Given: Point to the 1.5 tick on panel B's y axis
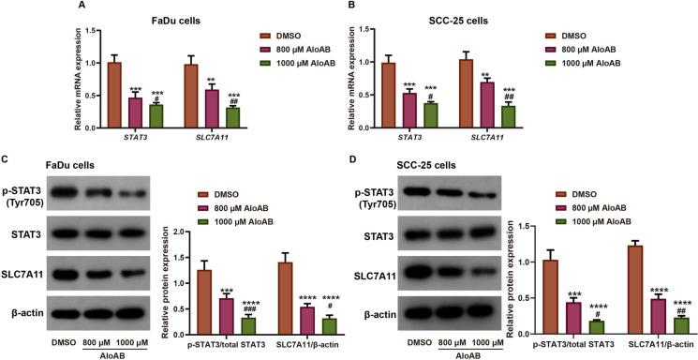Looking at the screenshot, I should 423,30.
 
